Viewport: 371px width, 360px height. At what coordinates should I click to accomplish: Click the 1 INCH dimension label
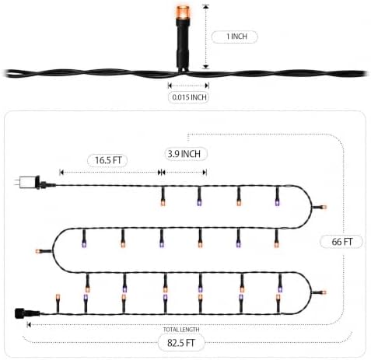click(236, 37)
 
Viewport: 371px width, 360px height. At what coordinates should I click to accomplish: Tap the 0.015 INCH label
click(189, 97)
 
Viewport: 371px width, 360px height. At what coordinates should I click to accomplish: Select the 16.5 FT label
click(108, 160)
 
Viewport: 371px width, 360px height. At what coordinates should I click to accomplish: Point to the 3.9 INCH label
click(184, 154)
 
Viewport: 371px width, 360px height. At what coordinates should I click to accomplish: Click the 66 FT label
click(342, 242)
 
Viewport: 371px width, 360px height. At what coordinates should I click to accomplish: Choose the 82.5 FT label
click(181, 343)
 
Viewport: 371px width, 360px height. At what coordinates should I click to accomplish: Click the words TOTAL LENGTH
click(181, 330)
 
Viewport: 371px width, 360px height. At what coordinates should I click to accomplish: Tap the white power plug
click(27, 183)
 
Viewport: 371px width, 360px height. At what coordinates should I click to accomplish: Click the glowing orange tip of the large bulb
click(183, 12)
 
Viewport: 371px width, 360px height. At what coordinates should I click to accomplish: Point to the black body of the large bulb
click(183, 44)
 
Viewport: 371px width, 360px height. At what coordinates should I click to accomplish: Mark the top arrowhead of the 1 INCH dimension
click(206, 6)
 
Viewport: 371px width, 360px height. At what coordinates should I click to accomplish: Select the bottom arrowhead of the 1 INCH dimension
click(206, 67)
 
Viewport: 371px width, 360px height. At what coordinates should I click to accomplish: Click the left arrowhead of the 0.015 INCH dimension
click(170, 86)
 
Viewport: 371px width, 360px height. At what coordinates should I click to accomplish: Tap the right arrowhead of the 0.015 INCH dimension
click(207, 86)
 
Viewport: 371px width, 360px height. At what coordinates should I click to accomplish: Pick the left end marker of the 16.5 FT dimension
click(61, 173)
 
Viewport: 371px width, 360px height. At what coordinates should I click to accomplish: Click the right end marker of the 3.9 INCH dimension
click(205, 173)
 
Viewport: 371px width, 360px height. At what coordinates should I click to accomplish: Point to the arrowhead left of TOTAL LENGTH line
click(29, 325)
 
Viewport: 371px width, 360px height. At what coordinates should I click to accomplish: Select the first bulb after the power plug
click(163, 196)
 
